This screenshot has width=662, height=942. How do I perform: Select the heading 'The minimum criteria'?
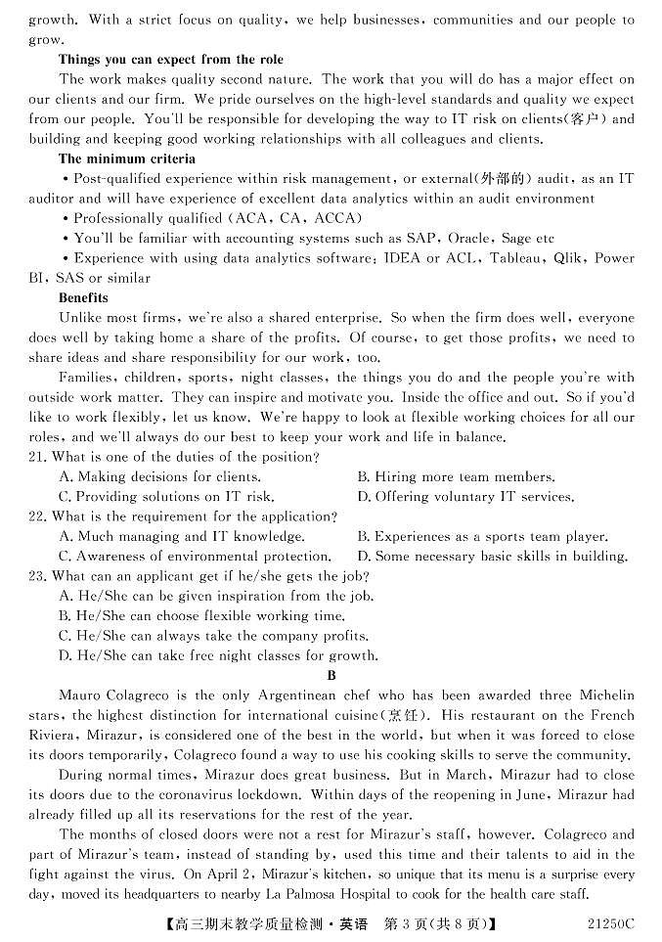click(126, 158)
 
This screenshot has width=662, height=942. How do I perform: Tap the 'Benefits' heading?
click(83, 297)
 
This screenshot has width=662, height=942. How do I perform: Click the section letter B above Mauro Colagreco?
click(331, 675)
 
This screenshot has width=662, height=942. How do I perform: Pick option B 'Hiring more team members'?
click(456, 477)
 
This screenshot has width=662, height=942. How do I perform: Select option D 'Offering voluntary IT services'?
click(465, 497)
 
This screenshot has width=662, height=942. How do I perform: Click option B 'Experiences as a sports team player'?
click(482, 536)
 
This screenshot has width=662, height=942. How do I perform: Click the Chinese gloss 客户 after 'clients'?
click(587, 119)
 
